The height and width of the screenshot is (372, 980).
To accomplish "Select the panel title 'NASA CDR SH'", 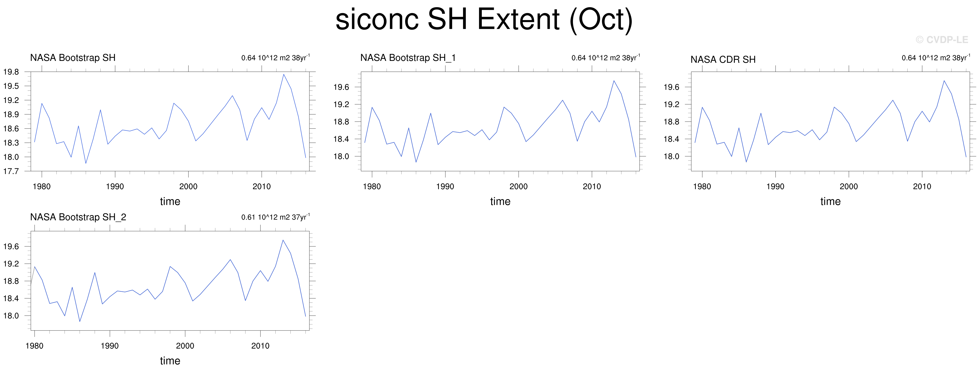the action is point(723,60).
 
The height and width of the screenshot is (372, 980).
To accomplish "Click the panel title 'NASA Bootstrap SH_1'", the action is point(408,58).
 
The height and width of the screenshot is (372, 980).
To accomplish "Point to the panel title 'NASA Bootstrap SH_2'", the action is point(78,217).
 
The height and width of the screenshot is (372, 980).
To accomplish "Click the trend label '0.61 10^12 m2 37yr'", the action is point(275,217).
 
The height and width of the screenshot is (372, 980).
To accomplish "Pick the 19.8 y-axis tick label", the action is point(11,72).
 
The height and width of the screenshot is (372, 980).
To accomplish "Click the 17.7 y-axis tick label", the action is point(11,171).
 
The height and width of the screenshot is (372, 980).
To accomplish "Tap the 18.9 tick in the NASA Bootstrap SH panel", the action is point(11,114).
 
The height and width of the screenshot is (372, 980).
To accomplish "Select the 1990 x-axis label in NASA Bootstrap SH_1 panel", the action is point(445,186).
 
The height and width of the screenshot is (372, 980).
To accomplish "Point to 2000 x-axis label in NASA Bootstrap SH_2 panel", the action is point(185,346).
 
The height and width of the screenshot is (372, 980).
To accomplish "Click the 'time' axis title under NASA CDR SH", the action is point(830,201).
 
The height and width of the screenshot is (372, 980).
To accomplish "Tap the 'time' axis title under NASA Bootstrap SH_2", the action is point(170,361).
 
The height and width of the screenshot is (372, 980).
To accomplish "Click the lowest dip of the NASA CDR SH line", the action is point(746,162).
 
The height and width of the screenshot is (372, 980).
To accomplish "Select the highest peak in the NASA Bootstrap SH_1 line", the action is point(614,80).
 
